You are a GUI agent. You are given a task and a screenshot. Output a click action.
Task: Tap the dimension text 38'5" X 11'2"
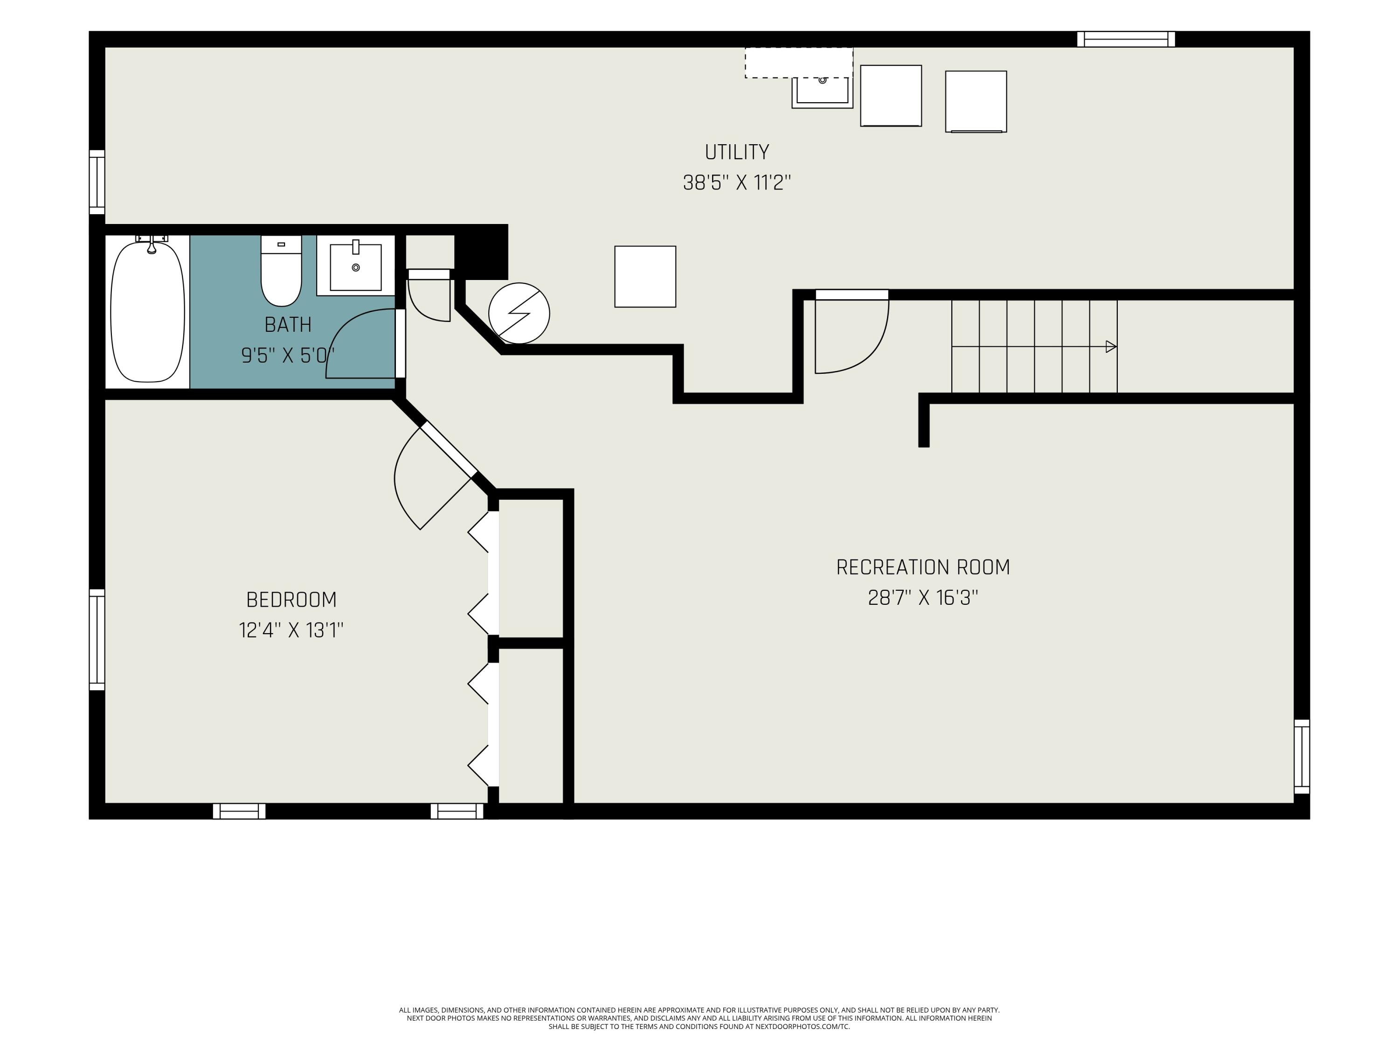tap(737, 183)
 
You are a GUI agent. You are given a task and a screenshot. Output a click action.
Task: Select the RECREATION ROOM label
tap(923, 567)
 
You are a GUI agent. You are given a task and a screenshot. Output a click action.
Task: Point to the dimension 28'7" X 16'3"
tap(923, 597)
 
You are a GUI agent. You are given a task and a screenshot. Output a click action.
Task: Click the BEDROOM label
tap(291, 599)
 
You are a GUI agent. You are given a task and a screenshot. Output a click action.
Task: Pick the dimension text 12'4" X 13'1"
tap(291, 630)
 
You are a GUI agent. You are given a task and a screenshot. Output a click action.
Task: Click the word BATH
tap(288, 325)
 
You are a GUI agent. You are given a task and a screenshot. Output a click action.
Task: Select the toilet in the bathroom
tap(282, 271)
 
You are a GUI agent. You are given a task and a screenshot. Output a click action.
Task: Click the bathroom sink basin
tap(355, 267)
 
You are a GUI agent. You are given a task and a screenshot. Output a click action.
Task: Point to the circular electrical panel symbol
tap(519, 313)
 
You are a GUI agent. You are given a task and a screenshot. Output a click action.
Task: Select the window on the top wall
tap(1126, 39)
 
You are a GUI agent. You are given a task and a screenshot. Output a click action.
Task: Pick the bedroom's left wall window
tap(97, 639)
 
